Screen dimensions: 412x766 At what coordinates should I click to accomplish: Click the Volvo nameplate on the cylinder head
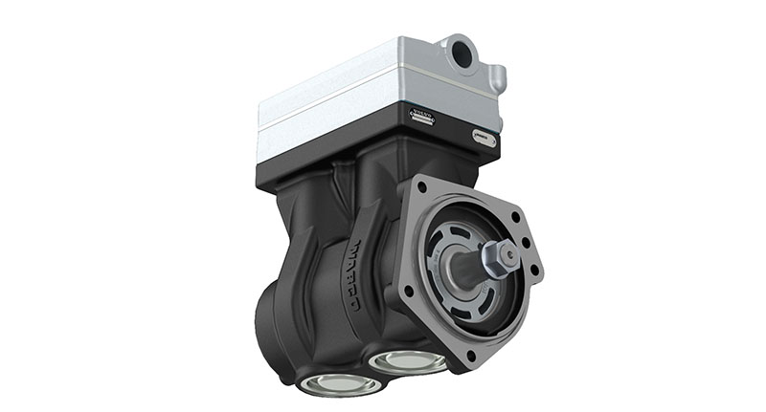422,119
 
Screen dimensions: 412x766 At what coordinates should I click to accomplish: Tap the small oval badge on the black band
484,137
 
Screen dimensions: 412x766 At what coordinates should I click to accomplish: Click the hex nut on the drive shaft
500,255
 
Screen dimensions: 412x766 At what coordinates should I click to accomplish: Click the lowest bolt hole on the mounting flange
470,358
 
